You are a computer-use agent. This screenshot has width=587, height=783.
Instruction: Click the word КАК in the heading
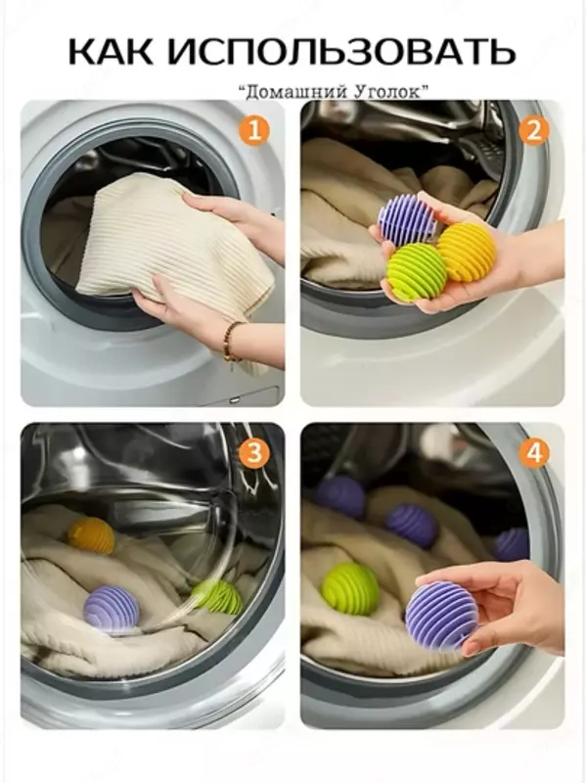[110, 51]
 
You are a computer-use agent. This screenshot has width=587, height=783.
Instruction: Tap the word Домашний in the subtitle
[290, 92]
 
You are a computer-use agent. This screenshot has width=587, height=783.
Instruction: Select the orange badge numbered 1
[254, 131]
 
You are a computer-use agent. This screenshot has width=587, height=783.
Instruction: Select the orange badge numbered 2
[533, 131]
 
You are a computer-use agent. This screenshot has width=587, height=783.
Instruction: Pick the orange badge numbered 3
[254, 454]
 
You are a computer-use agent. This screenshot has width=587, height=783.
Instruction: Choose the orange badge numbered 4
[533, 454]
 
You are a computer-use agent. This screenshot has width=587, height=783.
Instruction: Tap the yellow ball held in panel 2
[467, 251]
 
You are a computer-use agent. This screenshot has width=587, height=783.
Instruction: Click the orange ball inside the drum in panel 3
[91, 535]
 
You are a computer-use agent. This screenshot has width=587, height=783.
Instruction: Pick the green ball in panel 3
[217, 596]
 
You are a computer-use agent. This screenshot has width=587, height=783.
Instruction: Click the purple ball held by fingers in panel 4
[441, 616]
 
